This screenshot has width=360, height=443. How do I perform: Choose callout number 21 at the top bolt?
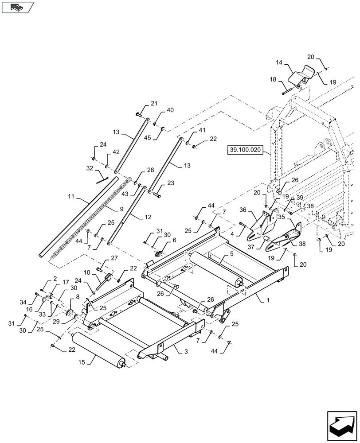(x=153, y=104)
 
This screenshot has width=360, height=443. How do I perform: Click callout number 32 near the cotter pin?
(x=90, y=169)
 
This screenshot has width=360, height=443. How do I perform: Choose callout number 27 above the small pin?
(x=114, y=258)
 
